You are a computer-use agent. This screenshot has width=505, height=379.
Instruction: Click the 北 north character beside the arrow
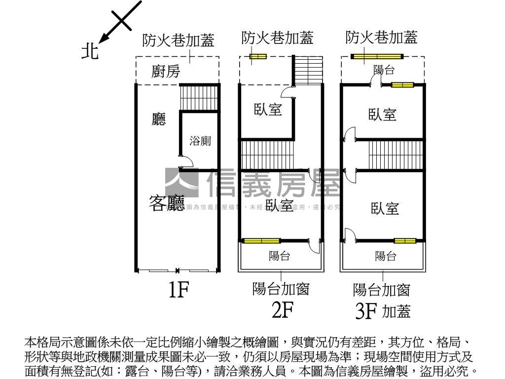tap(90, 51)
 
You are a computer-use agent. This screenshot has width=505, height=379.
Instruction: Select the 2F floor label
tap(282, 310)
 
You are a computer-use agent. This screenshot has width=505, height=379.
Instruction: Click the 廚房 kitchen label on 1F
tap(165, 72)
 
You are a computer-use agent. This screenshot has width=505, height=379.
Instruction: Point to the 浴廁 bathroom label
tap(200, 141)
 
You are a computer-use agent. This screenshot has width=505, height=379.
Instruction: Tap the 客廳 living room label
tap(167, 203)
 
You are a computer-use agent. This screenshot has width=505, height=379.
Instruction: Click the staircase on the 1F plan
tap(199, 97)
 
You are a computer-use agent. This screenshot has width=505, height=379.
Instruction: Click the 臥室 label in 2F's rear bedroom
tap(268, 110)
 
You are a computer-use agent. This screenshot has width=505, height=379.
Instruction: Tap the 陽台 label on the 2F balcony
tap(279, 256)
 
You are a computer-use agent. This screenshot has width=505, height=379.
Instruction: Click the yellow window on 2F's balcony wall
tap(261, 241)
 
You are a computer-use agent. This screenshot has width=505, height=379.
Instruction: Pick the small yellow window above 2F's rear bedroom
tap(257, 57)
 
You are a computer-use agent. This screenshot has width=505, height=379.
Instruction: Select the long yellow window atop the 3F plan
tap(377, 56)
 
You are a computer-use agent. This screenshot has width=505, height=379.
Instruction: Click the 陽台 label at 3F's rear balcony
tap(384, 70)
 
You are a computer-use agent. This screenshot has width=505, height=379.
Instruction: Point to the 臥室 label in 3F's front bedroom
tap(385, 208)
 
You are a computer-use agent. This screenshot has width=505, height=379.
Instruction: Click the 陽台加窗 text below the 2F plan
tap(281, 289)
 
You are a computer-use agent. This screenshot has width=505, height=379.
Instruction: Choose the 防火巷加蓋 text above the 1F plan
tap(179, 41)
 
